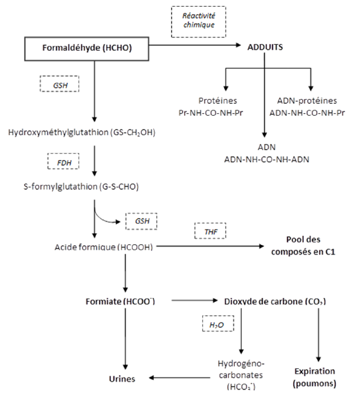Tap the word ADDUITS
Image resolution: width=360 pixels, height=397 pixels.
(265, 48)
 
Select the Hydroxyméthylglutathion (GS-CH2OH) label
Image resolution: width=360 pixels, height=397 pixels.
(82, 133)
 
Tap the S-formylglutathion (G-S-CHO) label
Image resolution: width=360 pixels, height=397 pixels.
(81, 187)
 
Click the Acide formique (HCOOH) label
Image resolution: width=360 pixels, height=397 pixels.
(104, 247)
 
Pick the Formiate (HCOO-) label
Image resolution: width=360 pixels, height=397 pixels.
(120, 301)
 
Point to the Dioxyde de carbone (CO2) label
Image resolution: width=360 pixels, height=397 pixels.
(275, 301)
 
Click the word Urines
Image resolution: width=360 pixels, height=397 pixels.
(122, 379)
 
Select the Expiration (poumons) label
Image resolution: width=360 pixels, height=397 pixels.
(314, 378)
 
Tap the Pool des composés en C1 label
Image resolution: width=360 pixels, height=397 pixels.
(303, 246)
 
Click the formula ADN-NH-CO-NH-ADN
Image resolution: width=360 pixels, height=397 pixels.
(266, 159)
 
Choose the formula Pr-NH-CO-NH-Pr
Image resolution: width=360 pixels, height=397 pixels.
(211, 112)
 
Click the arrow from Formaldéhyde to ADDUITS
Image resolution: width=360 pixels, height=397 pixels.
(195, 46)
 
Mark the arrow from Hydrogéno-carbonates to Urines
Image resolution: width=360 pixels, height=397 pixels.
(179, 378)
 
